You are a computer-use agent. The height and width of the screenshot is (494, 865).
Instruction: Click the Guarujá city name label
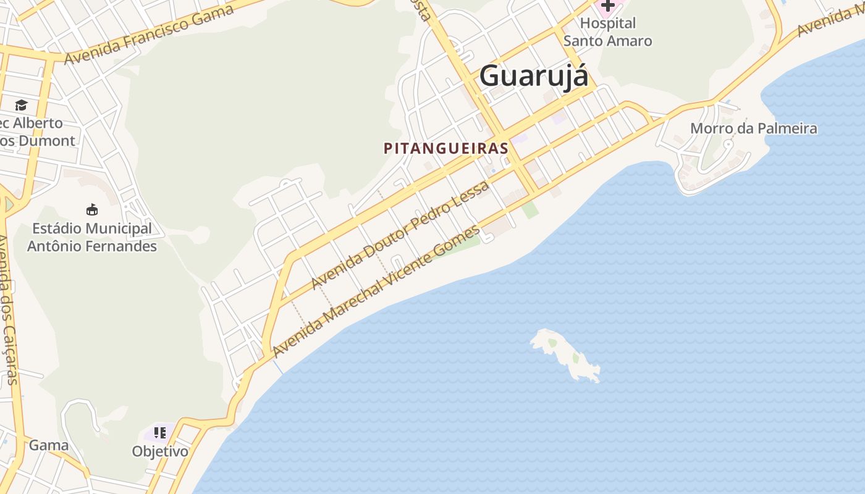(533, 77)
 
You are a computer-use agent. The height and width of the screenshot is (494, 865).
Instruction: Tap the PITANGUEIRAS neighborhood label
(446, 149)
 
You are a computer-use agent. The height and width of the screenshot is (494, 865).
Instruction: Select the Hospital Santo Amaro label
(607, 32)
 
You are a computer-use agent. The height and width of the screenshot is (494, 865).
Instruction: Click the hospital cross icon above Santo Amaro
(608, 6)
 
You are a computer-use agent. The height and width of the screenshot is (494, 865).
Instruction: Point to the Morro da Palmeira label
(753, 128)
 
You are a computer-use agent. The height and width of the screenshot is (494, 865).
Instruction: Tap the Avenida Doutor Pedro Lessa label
(400, 235)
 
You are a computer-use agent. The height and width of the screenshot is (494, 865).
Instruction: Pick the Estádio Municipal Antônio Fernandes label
(92, 237)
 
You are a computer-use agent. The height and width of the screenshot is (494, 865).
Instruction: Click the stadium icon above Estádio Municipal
(92, 209)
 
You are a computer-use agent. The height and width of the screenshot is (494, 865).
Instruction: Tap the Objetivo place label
(160, 451)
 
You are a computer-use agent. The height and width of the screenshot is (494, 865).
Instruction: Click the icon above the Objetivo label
(160, 433)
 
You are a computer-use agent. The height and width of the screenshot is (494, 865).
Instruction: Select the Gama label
(49, 445)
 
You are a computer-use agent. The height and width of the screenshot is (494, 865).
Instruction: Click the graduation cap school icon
(22, 105)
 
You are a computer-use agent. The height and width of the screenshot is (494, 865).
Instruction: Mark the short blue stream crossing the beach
(278, 366)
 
